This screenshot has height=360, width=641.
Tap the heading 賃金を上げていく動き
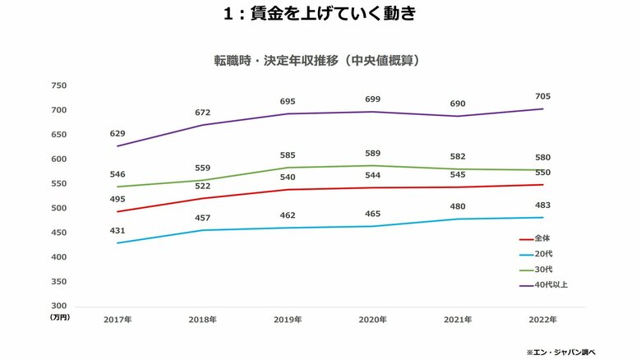coord(320,14)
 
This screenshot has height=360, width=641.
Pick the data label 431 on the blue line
coord(119,229)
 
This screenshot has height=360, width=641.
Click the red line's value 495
coord(119,198)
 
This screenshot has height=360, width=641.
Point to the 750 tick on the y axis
coord(58,85)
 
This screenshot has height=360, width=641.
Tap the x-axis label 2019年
coord(288,319)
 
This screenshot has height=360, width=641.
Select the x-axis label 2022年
coord(542,319)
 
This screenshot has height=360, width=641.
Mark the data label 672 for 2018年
coord(203,112)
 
